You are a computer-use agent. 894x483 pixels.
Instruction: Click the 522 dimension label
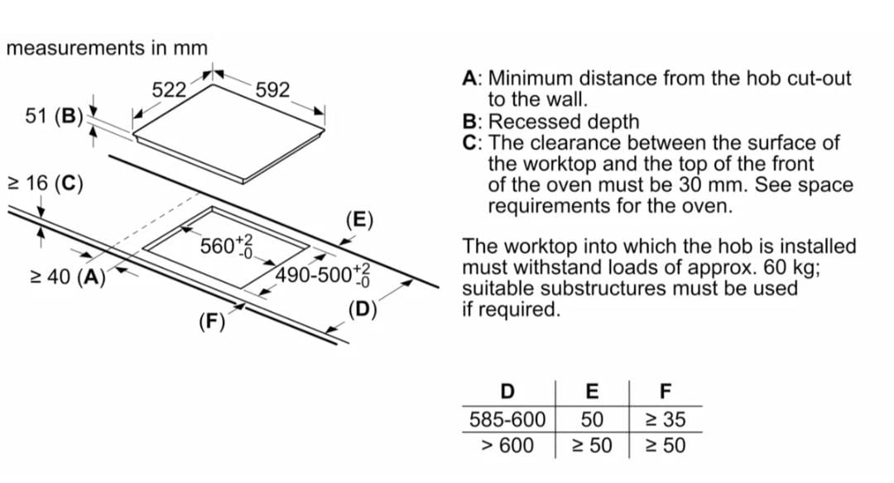pyautogui.click(x=169, y=89)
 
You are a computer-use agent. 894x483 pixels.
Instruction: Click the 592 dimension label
pyautogui.click(x=272, y=89)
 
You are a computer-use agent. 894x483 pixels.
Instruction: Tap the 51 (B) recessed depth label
pyautogui.click(x=54, y=116)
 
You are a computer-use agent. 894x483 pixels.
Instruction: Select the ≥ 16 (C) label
pyautogui.click(x=45, y=184)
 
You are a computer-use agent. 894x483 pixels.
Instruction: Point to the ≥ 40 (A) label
pyautogui.click(x=68, y=277)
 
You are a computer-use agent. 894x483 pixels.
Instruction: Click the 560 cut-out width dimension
pyautogui.click(x=226, y=246)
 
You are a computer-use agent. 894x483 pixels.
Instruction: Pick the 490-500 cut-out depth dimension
pyautogui.click(x=323, y=275)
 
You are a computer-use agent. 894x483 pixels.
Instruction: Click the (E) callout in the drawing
pyautogui.click(x=360, y=220)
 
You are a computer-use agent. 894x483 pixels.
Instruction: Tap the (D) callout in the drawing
pyautogui.click(x=363, y=310)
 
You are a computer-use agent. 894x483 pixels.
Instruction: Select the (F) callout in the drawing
pyautogui.click(x=212, y=322)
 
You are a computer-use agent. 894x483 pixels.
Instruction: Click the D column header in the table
pyautogui.click(x=507, y=391)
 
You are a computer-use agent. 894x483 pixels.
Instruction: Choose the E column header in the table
pyautogui.click(x=593, y=391)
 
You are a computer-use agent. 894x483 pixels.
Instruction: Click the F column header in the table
pyautogui.click(x=666, y=391)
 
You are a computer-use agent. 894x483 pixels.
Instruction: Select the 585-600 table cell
pyautogui.click(x=507, y=420)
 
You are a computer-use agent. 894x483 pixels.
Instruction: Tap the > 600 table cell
pyautogui.click(x=507, y=445)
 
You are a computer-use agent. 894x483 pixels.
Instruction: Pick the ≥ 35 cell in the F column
pyautogui.click(x=666, y=420)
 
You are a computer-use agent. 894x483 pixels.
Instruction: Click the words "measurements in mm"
pyautogui.click(x=107, y=48)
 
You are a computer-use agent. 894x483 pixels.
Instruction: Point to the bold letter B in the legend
pyautogui.click(x=469, y=122)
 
